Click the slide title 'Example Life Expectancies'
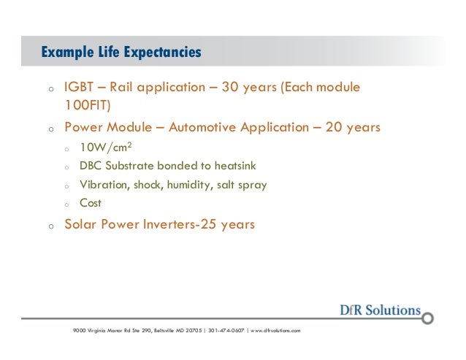[x=121, y=53]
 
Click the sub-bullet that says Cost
[x=91, y=204]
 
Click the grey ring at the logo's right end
[x=428, y=318]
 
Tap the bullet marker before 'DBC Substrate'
[x=66, y=168]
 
